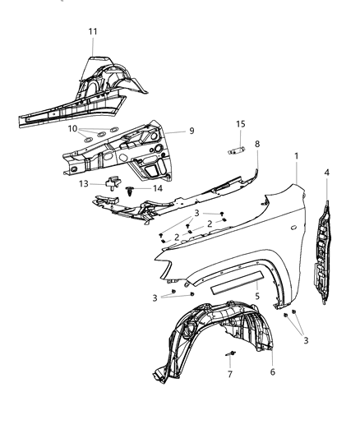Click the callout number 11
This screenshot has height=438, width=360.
[93, 30]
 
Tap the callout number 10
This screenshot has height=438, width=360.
[73, 129]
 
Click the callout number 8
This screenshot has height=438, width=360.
[257, 144]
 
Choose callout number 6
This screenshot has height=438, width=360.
[272, 371]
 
